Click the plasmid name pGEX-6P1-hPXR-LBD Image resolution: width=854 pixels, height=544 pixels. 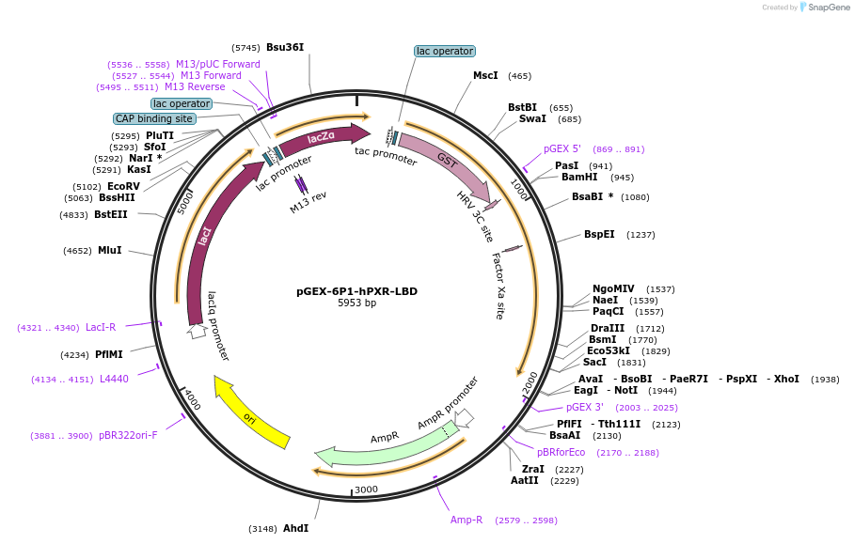coord(356,291)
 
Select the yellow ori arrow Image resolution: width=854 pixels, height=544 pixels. coord(251,412)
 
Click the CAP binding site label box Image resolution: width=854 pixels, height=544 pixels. coord(154,119)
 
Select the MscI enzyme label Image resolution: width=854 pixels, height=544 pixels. coord(485,75)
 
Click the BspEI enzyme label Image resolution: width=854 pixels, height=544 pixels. coord(599,234)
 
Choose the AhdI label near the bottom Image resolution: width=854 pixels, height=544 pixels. coord(295,528)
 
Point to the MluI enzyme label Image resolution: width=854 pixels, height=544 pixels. coord(110,250)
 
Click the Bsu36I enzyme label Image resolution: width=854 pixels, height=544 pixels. coord(285,47)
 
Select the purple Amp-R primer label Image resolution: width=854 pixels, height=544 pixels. coord(467,520)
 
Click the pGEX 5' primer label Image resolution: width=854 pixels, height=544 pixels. coord(562,148)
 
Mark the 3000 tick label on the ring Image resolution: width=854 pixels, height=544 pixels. coord(366,490)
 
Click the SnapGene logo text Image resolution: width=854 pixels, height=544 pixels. coord(825,8)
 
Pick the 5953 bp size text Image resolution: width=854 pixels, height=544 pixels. coord(356,303)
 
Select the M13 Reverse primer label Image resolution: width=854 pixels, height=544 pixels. coord(195,86)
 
